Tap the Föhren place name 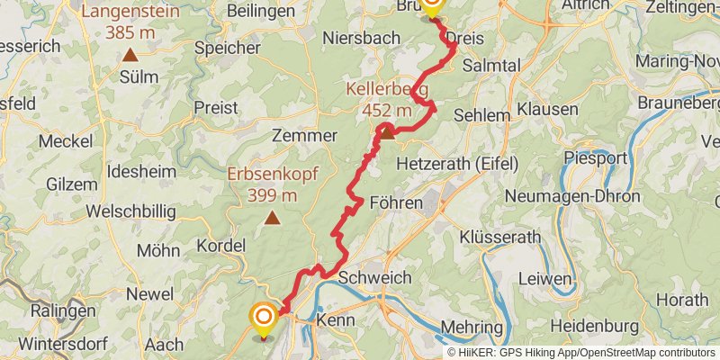tap(395, 203)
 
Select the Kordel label tap(220, 245)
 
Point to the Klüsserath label tap(499, 238)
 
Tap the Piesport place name tap(595, 158)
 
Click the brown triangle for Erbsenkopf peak tap(272, 217)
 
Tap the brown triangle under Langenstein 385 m tap(131, 55)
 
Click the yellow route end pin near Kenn tap(263, 319)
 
